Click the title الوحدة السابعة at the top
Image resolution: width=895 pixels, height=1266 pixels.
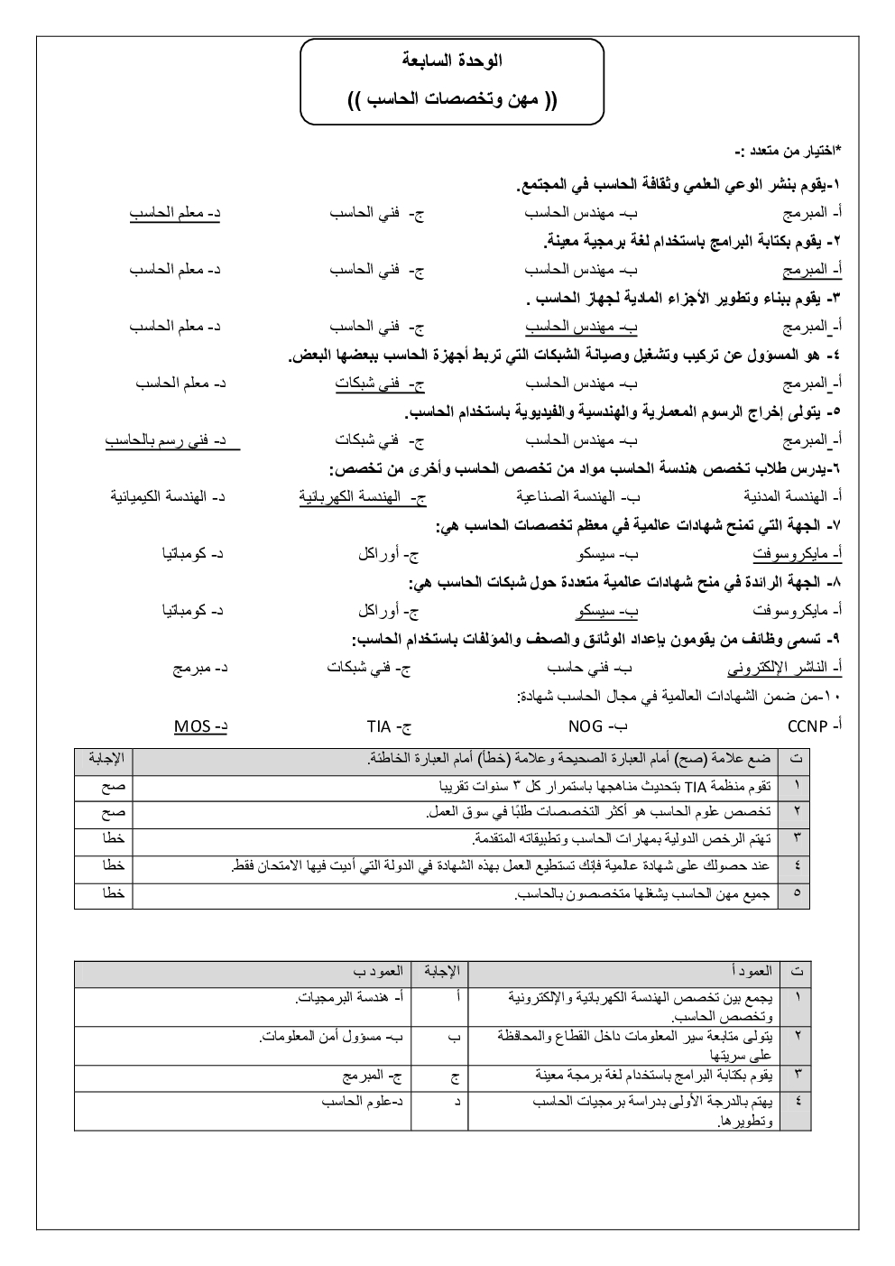pos(451,62)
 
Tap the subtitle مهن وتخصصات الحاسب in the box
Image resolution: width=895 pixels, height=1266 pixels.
pos(451,97)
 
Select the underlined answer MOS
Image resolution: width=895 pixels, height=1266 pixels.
pos(199,726)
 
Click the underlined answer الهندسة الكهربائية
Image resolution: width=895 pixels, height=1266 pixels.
pos(363,496)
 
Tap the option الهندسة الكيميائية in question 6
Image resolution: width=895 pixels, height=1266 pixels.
pos(168,496)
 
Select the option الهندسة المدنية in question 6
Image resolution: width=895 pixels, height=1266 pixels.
pos(791,496)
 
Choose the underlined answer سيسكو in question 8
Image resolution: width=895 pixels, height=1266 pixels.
pos(606,611)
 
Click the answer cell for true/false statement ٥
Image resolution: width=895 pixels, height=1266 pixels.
pos(104,894)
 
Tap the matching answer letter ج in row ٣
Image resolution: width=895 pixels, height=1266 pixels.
pos(454,1076)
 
